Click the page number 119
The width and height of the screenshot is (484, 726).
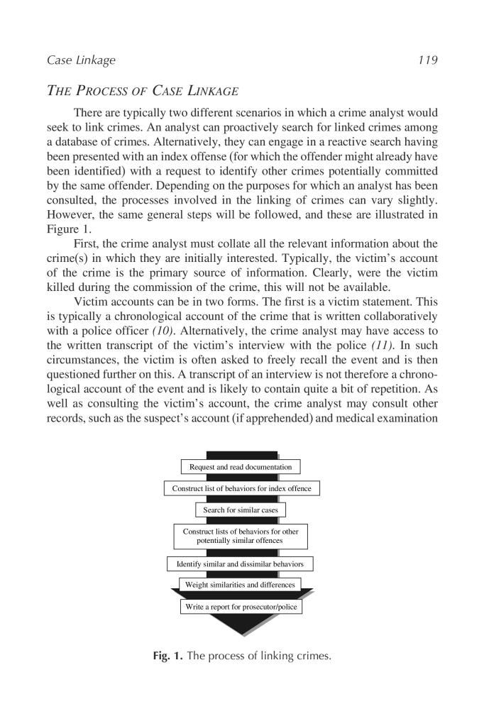[x=428, y=60]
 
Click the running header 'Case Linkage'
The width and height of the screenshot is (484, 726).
[x=81, y=60]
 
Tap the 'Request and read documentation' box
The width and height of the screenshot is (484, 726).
[x=241, y=467]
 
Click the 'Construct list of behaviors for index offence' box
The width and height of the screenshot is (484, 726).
[x=241, y=489]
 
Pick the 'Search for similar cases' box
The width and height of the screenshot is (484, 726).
[x=241, y=510]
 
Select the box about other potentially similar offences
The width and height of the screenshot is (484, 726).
[x=241, y=536]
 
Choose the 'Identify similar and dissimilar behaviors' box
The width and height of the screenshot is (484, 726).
[x=241, y=563]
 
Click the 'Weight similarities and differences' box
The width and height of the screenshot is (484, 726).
[x=241, y=585]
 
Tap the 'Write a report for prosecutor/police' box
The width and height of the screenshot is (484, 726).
[x=241, y=607]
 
